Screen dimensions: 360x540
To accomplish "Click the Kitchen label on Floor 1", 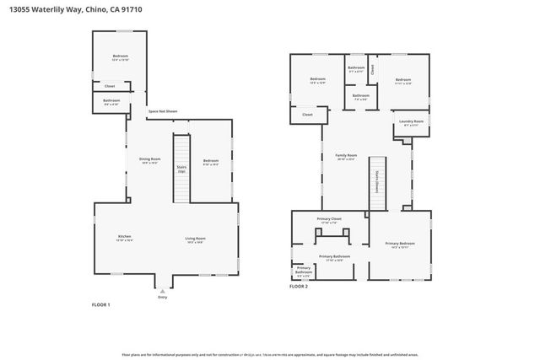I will coord(124,238).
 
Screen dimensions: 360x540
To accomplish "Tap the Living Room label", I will coord(196,239).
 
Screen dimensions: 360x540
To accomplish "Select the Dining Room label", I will coord(149,160).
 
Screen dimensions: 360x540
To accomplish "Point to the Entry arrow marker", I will coord(163,290).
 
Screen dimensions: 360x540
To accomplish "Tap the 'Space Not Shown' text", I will coord(163,111).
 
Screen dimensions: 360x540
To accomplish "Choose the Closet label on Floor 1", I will coord(110,86).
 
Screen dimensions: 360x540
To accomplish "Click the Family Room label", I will coord(346,157).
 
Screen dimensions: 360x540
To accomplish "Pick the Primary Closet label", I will coord(329,220).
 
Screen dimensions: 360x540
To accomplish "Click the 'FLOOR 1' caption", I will coord(100,304).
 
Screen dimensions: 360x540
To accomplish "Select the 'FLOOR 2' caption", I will coord(299,287).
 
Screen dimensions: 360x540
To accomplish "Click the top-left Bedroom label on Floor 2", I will coord(317,81).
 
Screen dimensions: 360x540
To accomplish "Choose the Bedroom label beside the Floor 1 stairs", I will coord(211,162).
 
